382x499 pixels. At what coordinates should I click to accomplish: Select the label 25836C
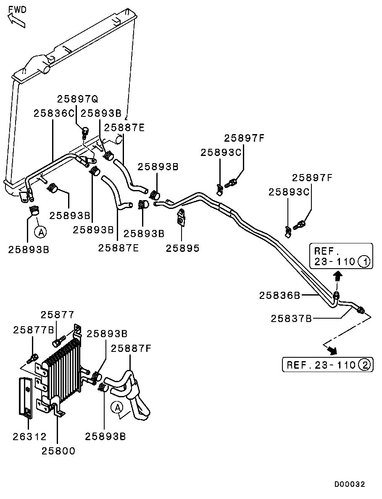coord(54,114)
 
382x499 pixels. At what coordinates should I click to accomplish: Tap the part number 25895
coord(182,248)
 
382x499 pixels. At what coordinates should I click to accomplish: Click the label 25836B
coord(279,296)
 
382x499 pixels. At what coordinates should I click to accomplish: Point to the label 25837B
coord(291,319)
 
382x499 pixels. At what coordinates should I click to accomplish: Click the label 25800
coord(58,451)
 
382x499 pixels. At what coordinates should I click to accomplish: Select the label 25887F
coord(131,348)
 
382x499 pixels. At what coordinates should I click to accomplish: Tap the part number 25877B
coord(34,330)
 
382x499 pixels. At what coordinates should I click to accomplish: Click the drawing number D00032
coord(349,484)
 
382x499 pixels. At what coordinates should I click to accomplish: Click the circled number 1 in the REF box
coord(364,262)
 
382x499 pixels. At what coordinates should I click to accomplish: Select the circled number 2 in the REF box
coord(364,364)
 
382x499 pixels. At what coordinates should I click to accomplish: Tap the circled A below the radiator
coord(41,231)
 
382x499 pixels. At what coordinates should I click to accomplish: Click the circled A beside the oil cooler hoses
coord(117,407)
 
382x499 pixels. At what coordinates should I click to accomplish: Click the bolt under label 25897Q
coord(85,132)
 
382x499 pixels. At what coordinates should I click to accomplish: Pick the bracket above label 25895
coord(181,216)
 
